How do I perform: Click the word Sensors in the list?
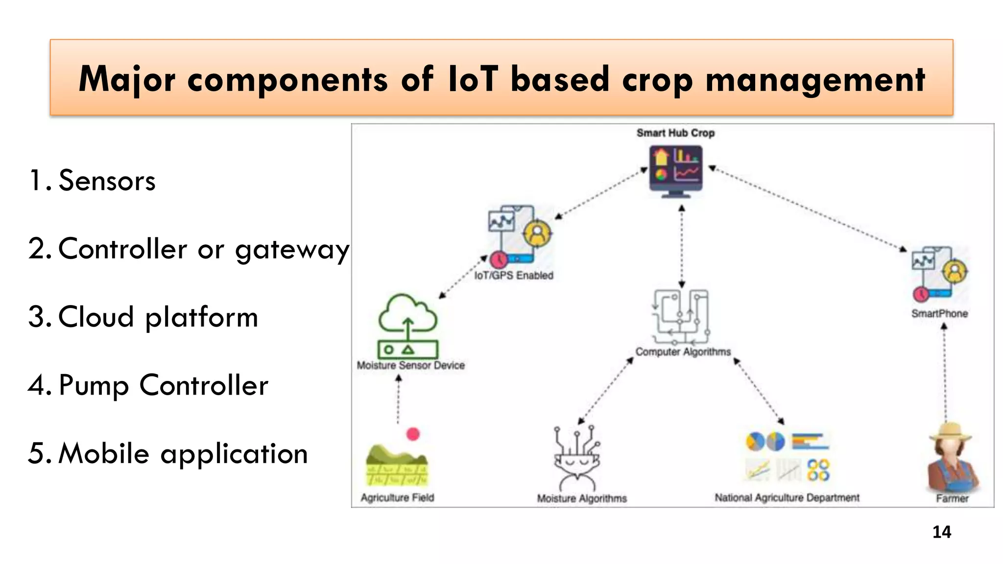click(x=107, y=181)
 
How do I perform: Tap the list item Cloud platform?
click(x=158, y=317)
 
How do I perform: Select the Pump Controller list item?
click(x=163, y=385)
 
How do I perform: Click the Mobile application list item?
click(x=183, y=453)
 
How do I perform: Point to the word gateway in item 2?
click(x=292, y=249)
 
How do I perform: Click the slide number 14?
click(x=941, y=532)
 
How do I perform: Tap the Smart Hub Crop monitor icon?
click(x=676, y=171)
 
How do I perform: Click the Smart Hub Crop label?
click(x=675, y=133)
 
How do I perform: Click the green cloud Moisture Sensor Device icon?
click(x=407, y=326)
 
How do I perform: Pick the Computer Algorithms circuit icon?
click(x=681, y=317)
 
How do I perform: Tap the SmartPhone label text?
click(x=939, y=313)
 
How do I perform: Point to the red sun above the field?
click(x=413, y=434)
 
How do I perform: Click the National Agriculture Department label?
click(x=787, y=497)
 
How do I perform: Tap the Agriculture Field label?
click(x=397, y=497)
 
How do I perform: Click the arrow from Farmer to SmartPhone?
click(x=945, y=372)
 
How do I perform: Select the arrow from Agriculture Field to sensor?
click(x=399, y=399)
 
